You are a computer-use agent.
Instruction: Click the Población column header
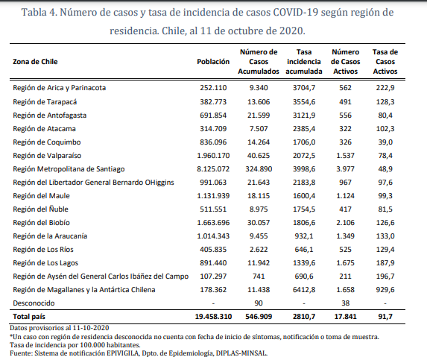[x=213, y=62]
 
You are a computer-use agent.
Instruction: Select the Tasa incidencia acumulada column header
[x=304, y=62]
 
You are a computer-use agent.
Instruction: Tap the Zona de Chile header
[x=35, y=62]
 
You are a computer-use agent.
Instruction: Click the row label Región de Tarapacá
[x=45, y=102]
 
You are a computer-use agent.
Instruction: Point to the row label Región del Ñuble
[x=40, y=209]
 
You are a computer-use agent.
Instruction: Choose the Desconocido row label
[x=34, y=303]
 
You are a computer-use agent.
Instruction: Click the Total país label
[x=29, y=317]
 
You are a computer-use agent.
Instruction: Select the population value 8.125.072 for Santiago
[x=213, y=169]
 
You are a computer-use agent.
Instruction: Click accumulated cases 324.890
[x=259, y=169]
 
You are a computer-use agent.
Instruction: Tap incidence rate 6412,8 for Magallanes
[x=304, y=290]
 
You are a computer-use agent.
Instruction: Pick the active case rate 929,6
[x=385, y=290]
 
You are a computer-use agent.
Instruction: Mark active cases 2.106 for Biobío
[x=345, y=222]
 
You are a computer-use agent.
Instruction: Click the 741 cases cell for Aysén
[x=259, y=276]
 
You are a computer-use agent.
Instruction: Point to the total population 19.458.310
[x=213, y=317]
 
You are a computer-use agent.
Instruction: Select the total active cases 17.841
[x=345, y=317]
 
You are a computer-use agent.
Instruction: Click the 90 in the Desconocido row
[x=259, y=303]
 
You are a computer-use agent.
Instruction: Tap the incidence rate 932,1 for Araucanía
[x=304, y=236]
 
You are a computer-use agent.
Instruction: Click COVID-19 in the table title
[x=295, y=12]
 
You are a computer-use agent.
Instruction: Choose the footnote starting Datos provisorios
[x=60, y=328]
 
